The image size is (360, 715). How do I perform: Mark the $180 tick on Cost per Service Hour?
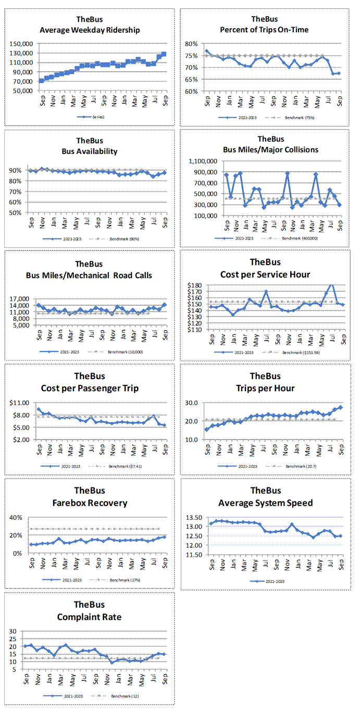coord(196,285)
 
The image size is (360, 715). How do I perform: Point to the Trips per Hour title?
coord(265,388)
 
